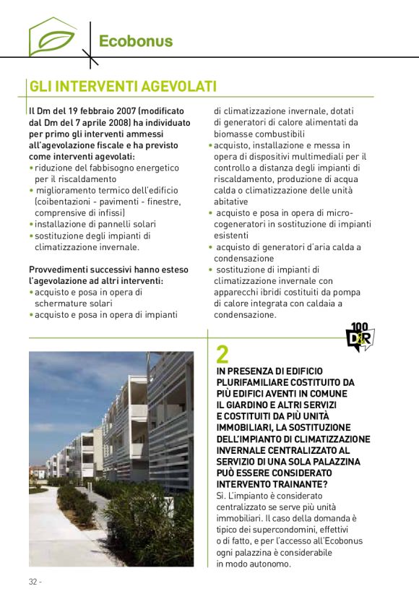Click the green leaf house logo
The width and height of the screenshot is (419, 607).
point(52,37)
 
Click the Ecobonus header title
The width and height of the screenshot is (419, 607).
point(136,40)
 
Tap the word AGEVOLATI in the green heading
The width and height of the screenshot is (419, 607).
point(172,87)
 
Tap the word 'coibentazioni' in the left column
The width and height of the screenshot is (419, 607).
point(66,202)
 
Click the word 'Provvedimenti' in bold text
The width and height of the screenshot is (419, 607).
point(59,270)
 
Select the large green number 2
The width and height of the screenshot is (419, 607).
point(223,353)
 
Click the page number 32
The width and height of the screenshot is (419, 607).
point(33,582)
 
